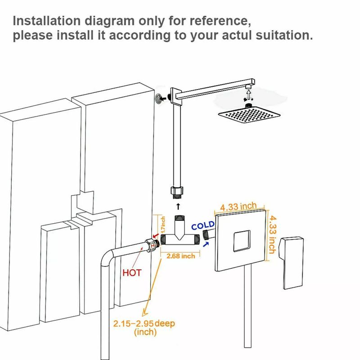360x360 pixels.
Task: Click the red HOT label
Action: tap(132, 272)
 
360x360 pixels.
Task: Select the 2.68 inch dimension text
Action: tap(181, 256)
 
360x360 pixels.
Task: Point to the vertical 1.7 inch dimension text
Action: tap(163, 225)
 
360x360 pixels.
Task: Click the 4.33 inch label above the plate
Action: tap(238, 207)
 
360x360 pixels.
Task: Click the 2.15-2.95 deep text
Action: tap(144, 324)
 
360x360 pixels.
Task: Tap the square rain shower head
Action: tap(245, 116)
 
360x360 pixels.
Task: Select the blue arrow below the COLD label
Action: tap(207, 244)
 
